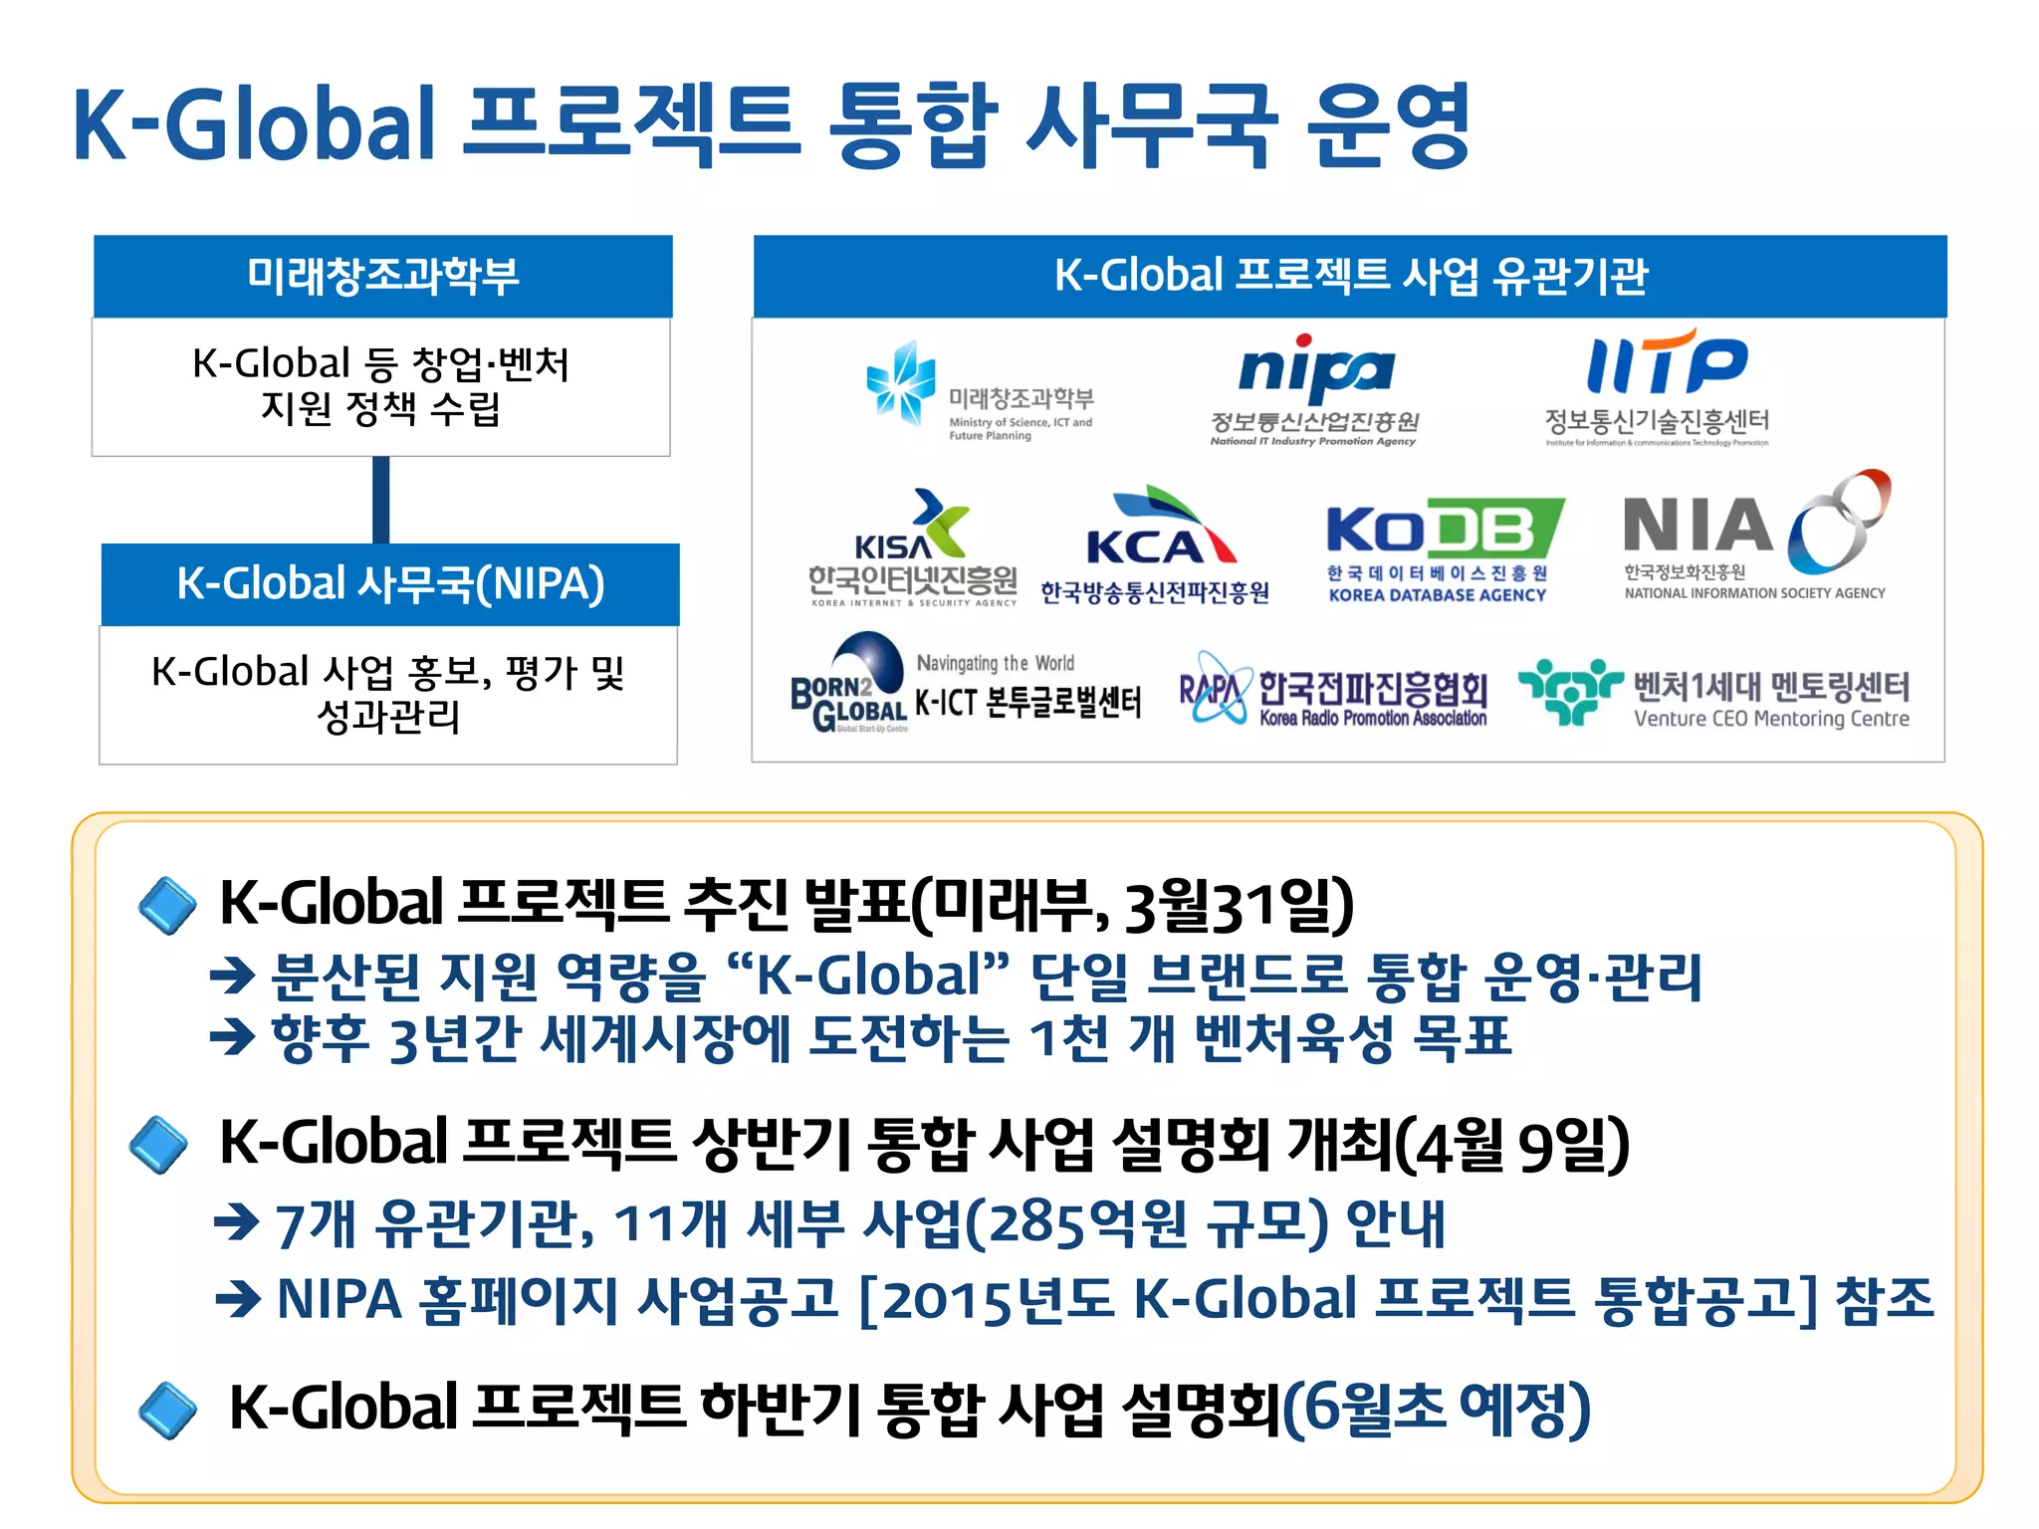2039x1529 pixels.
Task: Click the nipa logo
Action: tap(1315, 371)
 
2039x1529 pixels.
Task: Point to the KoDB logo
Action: tap(1444, 529)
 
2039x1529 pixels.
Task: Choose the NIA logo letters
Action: tap(1697, 526)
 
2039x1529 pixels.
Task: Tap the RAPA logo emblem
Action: tap(1213, 688)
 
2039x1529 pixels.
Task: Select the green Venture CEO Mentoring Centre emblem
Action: tap(1570, 689)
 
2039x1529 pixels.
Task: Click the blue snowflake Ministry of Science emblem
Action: tap(901, 382)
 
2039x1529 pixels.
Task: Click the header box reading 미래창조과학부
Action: tap(383, 277)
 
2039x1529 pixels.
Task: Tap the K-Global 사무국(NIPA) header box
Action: tap(390, 584)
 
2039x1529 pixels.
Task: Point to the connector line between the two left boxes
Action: tap(381, 500)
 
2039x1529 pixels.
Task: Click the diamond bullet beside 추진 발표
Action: tap(167, 905)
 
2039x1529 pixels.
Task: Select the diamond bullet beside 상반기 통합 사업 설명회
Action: tap(159, 1145)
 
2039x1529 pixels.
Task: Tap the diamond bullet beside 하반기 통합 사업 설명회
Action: tap(167, 1410)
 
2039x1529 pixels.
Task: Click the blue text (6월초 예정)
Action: tap(1437, 1409)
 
